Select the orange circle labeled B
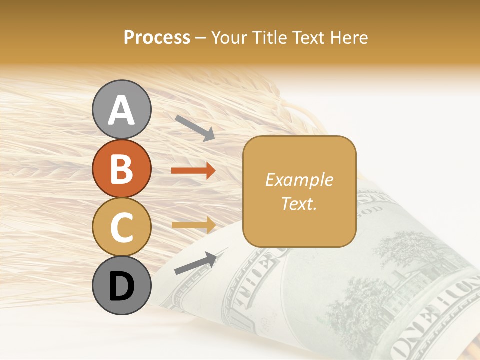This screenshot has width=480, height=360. pyautogui.click(x=121, y=168)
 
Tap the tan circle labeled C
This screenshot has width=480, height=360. pyautogui.click(x=121, y=227)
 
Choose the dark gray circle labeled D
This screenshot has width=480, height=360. pyautogui.click(x=121, y=285)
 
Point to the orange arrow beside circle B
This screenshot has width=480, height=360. pyautogui.click(x=193, y=171)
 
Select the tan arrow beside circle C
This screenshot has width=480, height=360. pyautogui.click(x=193, y=225)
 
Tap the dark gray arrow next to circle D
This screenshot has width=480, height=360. pyautogui.click(x=195, y=263)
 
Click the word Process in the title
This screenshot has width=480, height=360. pyautogui.click(x=157, y=38)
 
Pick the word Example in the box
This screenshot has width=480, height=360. pyautogui.click(x=299, y=180)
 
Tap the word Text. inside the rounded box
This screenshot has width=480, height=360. pyautogui.click(x=299, y=203)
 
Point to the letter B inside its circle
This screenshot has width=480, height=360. pyautogui.click(x=121, y=168)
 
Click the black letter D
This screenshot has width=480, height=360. pyautogui.click(x=121, y=286)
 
